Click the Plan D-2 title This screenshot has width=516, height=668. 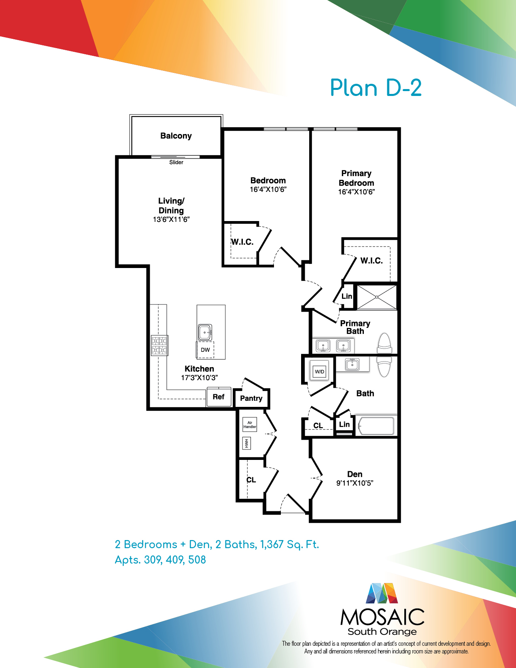click(x=376, y=88)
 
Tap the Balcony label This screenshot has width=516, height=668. click(x=176, y=136)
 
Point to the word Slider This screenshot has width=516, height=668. click(x=176, y=162)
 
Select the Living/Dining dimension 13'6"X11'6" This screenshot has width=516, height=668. click(x=171, y=219)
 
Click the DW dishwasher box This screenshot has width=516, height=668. click(x=205, y=350)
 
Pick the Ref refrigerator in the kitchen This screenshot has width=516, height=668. click(x=219, y=397)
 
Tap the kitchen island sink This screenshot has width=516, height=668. click(x=205, y=332)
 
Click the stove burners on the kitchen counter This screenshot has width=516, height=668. click(x=159, y=345)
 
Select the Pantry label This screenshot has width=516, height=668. click(x=251, y=398)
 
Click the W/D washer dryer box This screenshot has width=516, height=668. click(x=320, y=372)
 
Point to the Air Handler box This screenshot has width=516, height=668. click(x=250, y=425)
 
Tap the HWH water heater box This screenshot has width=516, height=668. click(x=246, y=443)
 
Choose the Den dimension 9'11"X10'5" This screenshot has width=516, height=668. click(x=355, y=483)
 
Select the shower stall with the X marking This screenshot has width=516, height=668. click(x=376, y=297)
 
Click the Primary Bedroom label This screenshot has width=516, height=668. click(x=357, y=178)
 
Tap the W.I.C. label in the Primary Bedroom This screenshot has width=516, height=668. click(x=371, y=261)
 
